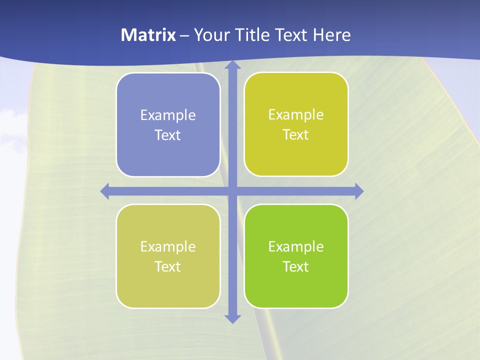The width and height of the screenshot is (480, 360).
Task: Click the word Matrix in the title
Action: [148, 35]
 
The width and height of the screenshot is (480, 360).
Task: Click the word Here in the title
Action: [331, 35]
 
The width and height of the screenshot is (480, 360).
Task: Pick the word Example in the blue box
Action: [168, 115]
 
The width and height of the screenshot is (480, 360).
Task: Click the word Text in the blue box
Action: [168, 135]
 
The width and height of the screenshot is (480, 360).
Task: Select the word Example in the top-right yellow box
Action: [296, 115]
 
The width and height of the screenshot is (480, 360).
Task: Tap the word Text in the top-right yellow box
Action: [296, 135]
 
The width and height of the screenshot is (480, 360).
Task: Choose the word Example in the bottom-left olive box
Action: [168, 247]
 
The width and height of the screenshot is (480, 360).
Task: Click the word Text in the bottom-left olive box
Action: [168, 267]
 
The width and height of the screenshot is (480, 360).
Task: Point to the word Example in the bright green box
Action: [296, 247]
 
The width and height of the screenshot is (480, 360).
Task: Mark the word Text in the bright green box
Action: [296, 267]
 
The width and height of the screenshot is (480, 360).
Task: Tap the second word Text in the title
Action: [290, 35]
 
